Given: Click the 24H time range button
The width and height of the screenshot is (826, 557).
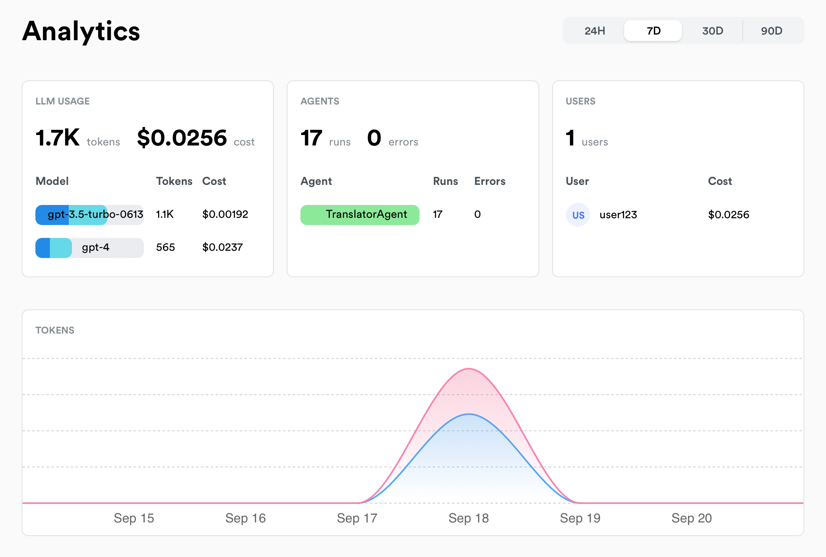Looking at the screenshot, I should pyautogui.click(x=594, y=31).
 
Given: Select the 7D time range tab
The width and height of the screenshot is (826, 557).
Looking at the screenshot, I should pyautogui.click(x=653, y=31).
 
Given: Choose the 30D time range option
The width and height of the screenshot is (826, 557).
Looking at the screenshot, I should pyautogui.click(x=712, y=31).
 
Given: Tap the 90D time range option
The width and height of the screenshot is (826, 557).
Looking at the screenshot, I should pyautogui.click(x=771, y=31).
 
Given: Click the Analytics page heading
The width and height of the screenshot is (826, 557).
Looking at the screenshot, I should pyautogui.click(x=81, y=31).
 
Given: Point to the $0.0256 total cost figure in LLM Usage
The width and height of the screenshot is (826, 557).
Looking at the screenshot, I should pyautogui.click(x=182, y=138).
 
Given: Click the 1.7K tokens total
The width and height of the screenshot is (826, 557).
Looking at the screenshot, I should pyautogui.click(x=58, y=138).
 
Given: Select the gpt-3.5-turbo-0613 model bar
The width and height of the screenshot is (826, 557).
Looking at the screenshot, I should pyautogui.click(x=89, y=215).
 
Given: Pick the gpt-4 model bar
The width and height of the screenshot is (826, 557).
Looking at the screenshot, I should pyautogui.click(x=89, y=248).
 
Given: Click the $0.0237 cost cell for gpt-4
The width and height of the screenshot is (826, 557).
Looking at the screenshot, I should pyautogui.click(x=222, y=247).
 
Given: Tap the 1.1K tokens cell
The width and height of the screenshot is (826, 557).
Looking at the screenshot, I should pyautogui.click(x=164, y=214).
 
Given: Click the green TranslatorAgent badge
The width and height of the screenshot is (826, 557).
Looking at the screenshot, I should pyautogui.click(x=360, y=215).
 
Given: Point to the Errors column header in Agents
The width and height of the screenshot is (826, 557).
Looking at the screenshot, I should pyautogui.click(x=489, y=181).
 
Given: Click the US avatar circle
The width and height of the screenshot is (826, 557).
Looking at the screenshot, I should pyautogui.click(x=578, y=215).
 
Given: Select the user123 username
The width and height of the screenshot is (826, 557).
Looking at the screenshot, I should pyautogui.click(x=618, y=215).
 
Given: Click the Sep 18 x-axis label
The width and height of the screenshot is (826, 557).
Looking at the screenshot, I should pyautogui.click(x=468, y=518).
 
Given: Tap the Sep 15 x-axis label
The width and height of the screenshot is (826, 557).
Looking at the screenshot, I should pyautogui.click(x=134, y=518).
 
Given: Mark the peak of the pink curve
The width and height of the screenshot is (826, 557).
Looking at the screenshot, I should pyautogui.click(x=469, y=369).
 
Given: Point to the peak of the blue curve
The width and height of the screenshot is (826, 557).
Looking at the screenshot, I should pyautogui.click(x=469, y=414).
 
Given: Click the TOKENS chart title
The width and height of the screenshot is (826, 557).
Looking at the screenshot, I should pyautogui.click(x=55, y=330).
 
